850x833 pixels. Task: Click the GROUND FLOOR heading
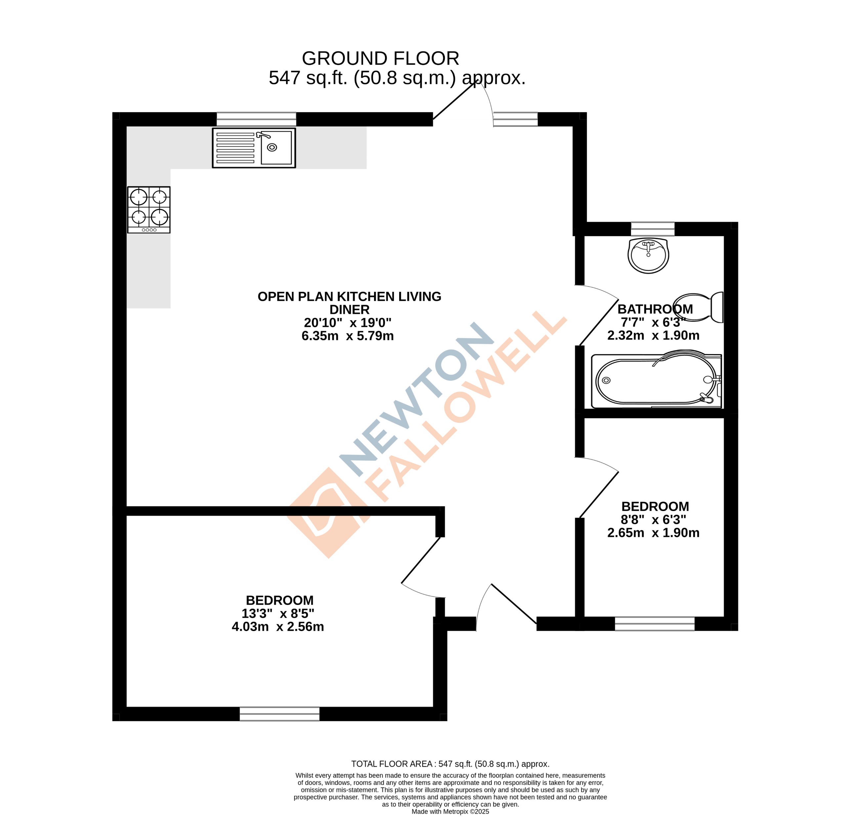click(380, 58)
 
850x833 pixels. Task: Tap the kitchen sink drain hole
click(272, 147)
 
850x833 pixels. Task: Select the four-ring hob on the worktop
click(149, 210)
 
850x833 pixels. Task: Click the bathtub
click(655, 380)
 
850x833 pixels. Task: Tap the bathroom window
click(652, 229)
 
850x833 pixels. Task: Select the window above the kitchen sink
click(256, 119)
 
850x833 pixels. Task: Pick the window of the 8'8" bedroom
click(654, 623)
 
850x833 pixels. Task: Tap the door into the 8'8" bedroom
click(599, 495)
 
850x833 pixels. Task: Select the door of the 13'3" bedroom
click(420, 560)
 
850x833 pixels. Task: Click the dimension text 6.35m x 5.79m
click(348, 336)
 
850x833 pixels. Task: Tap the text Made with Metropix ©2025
click(450, 812)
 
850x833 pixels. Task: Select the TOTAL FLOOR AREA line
click(450, 764)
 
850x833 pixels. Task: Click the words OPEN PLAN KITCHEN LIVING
click(349, 297)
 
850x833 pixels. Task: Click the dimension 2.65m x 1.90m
click(653, 533)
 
